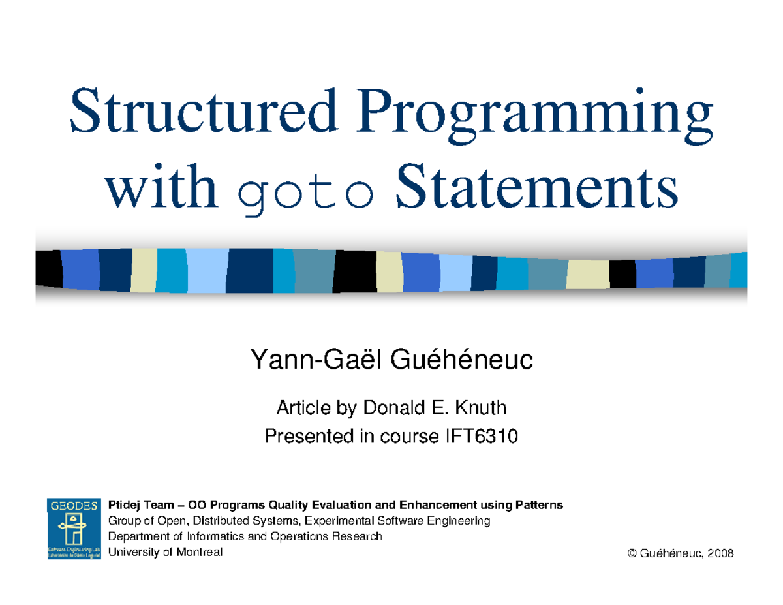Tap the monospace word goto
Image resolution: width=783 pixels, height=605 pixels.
click(x=305, y=189)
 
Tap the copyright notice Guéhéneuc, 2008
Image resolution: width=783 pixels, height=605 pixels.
click(x=680, y=553)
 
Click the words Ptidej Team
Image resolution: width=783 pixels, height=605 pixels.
click(x=141, y=505)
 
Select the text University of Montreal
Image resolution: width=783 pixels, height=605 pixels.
click(x=165, y=552)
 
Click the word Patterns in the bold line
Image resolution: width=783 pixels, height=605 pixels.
click(x=540, y=505)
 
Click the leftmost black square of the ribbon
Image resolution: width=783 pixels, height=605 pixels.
click(x=48, y=268)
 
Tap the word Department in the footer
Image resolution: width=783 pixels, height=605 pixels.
click(x=137, y=536)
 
